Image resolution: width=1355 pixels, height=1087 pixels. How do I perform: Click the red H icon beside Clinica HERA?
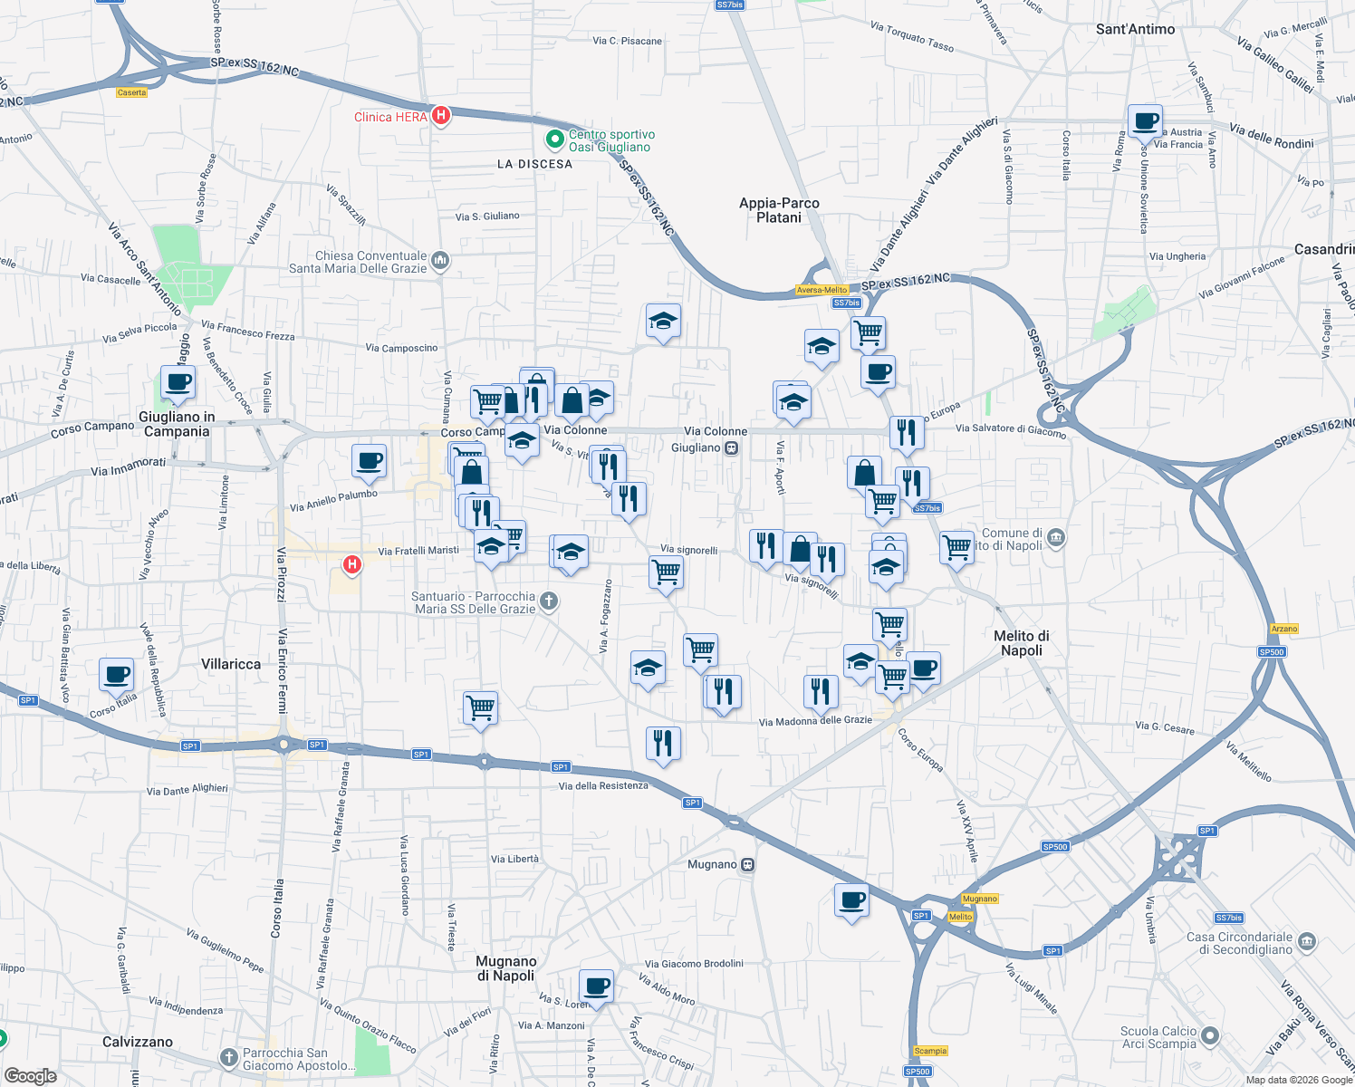441,115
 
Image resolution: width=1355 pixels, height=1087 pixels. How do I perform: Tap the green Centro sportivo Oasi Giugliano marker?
554,140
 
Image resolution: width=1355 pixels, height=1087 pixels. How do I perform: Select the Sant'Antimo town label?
1135,29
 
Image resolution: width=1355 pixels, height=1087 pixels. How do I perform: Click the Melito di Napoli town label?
1022,643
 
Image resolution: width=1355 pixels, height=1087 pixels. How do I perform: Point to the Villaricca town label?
231,664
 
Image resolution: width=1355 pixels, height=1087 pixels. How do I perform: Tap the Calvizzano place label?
138,1042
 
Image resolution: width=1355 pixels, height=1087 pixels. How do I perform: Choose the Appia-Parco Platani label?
779,210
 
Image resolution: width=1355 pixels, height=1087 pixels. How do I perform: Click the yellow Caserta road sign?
132,92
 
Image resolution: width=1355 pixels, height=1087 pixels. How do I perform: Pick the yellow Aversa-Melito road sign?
822,290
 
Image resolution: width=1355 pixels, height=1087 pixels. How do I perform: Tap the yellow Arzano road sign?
1284,629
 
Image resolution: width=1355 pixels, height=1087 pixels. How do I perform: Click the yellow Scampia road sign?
930,1051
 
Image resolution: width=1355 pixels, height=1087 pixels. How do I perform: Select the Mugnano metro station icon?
747,864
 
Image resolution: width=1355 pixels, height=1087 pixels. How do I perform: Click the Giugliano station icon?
732,447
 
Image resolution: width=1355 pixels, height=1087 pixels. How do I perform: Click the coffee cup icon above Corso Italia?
116,674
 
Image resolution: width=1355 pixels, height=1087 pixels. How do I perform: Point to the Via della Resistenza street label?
603,785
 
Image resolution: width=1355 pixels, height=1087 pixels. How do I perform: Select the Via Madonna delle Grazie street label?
815,721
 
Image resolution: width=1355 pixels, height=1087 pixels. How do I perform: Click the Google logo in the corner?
30,1076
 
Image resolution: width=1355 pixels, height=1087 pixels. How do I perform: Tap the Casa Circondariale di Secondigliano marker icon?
1307,942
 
